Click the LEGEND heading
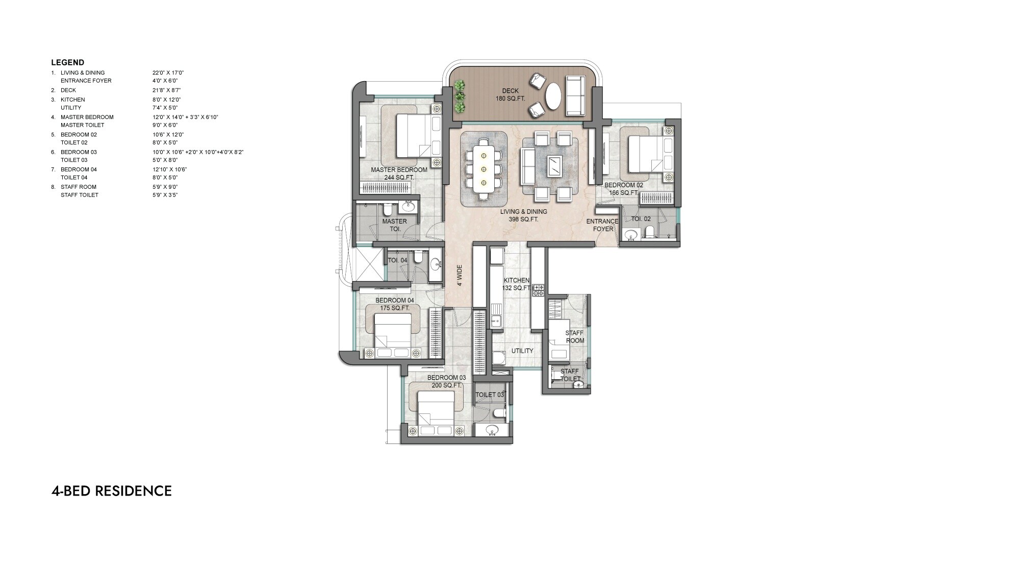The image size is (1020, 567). coord(67,63)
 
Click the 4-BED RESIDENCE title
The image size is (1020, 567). coord(111,491)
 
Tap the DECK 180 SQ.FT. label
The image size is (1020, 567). coord(510,94)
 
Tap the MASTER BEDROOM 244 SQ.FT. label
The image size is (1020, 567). coord(399,174)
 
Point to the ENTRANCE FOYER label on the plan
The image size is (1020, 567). coord(602,225)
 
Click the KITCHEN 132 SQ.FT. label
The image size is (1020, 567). coord(516,284)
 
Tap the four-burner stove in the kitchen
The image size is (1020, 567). coord(539,291)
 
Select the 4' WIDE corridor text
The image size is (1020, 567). coord(460,275)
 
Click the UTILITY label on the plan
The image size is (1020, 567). coord(522,351)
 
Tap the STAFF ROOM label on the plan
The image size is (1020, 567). coord(574,337)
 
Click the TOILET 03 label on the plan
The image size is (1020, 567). coord(489,395)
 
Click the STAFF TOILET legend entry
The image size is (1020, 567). coord(79,195)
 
